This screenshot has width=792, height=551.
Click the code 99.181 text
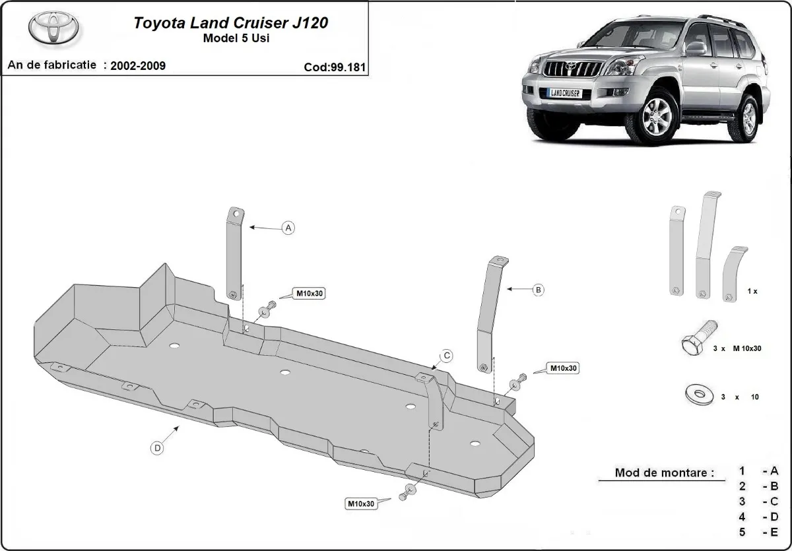pos(335,67)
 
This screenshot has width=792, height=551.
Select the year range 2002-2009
pos(138,65)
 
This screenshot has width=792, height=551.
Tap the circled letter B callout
pos(538,289)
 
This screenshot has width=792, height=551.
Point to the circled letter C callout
pos(446,356)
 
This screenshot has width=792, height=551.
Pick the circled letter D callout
pos(157,449)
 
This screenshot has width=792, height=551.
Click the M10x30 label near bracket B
pos(562,368)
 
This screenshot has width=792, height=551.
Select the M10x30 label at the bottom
pos(361,503)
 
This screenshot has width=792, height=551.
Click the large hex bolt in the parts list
pos(700,339)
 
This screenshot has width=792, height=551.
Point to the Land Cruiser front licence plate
pos(565,94)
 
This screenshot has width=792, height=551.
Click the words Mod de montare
pos(664,472)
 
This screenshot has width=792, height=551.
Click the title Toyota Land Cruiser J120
pos(231,23)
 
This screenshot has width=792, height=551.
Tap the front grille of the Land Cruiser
pos(569,69)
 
